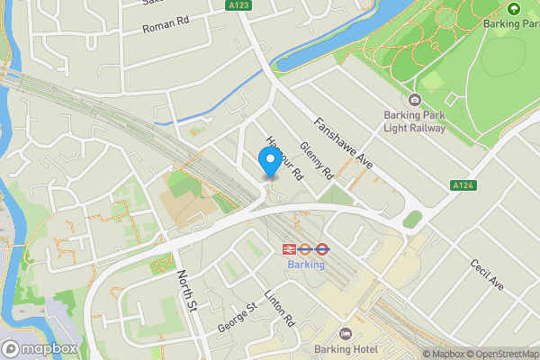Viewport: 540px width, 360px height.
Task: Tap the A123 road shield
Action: (238, 5)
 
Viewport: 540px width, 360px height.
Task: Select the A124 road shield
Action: (463, 185)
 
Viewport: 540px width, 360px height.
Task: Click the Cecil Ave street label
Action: (487, 274)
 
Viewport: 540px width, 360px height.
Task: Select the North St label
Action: (185, 287)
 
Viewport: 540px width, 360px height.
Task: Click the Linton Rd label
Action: (280, 307)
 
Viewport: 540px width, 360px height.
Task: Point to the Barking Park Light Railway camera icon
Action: (414, 100)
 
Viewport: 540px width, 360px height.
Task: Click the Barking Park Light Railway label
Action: (415, 121)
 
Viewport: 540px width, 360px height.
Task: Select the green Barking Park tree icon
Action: (513, 9)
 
